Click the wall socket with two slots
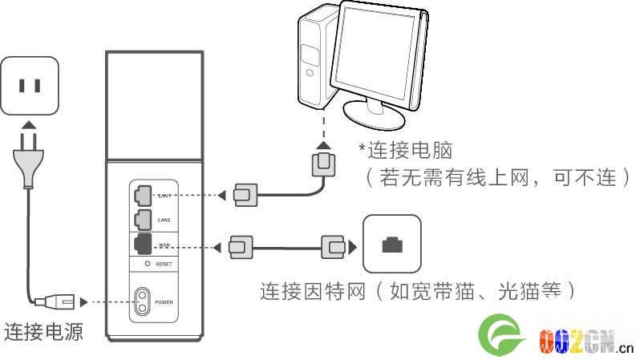30,86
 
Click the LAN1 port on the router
143,194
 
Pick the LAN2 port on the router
143,216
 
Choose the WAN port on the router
143,243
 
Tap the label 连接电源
43,330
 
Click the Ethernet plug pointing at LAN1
244,194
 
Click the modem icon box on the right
391,244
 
